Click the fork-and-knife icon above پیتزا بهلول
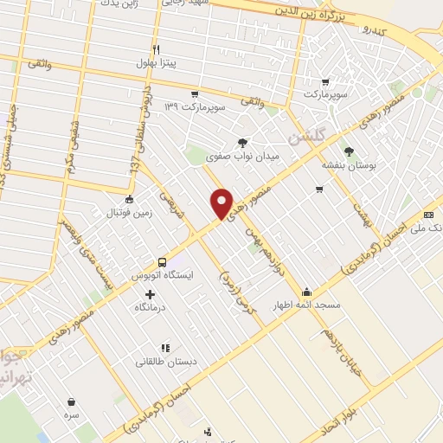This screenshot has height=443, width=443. coord(157,49)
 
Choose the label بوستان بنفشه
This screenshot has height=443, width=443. coord(349,165)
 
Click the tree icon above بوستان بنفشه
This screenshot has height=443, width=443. coord(349,151)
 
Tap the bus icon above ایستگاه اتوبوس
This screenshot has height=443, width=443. coord(162,262)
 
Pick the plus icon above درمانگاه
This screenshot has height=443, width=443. coord(151,294)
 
